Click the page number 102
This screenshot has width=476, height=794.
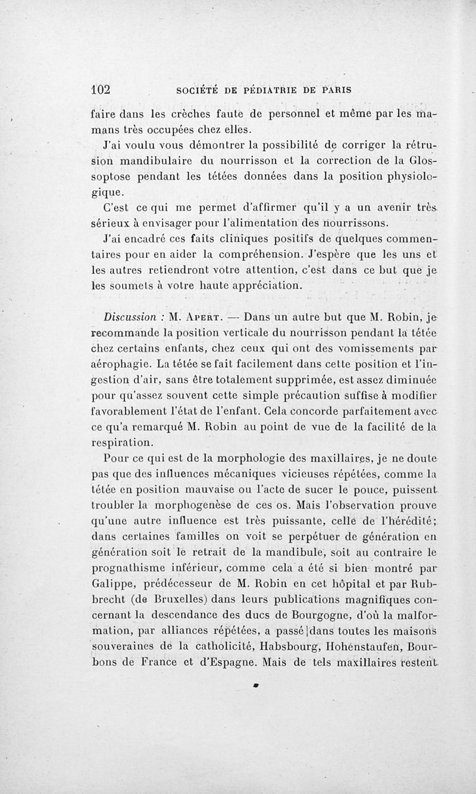pos(101,90)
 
